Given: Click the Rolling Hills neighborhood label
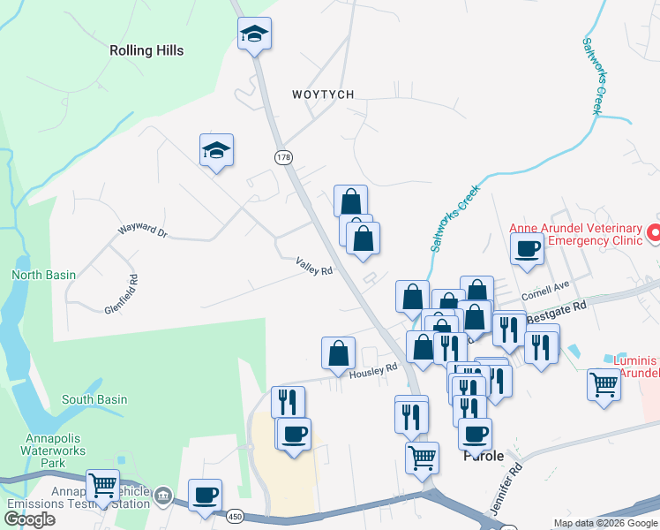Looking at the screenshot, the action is (x=146, y=50).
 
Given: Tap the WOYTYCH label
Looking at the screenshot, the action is (x=322, y=95).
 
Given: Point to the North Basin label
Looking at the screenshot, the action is (x=43, y=275).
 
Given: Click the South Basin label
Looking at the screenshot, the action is (x=94, y=399).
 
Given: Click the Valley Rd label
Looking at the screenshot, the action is (x=314, y=266).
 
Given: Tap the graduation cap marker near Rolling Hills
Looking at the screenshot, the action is (x=254, y=35).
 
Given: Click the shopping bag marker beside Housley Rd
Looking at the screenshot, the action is (x=339, y=353).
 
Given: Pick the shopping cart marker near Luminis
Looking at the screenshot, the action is (x=604, y=384).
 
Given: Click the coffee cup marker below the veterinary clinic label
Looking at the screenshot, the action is (x=528, y=249).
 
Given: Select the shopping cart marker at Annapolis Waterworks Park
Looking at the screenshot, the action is (x=102, y=485).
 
